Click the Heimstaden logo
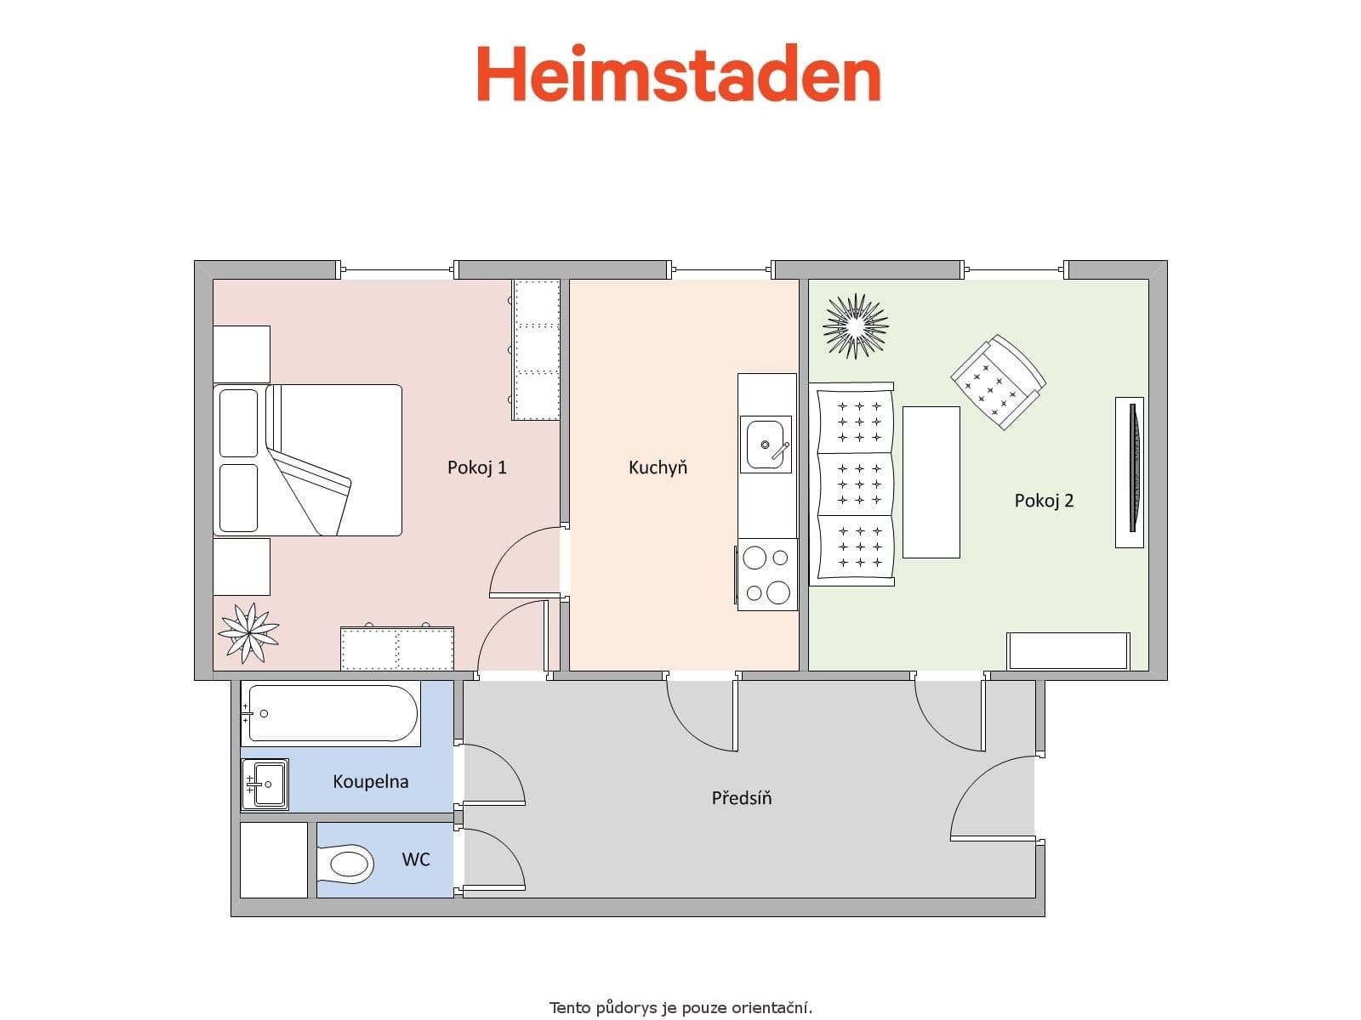pyautogui.click(x=679, y=74)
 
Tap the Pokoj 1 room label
pyautogui.click(x=477, y=467)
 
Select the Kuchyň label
pyautogui.click(x=658, y=467)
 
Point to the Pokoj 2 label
pyautogui.click(x=1044, y=501)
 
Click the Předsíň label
pyautogui.click(x=742, y=798)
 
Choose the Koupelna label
pyautogui.click(x=370, y=781)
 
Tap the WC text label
pyautogui.click(x=416, y=859)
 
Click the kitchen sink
pyautogui.click(x=766, y=444)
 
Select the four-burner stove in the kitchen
pyautogui.click(x=767, y=575)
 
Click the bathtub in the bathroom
pyautogui.click(x=332, y=713)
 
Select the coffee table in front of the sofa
pyautogui.click(x=931, y=482)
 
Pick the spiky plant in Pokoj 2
pyautogui.click(x=855, y=326)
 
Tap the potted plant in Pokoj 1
pyautogui.click(x=248, y=632)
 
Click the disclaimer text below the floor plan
pyautogui.click(x=680, y=1008)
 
